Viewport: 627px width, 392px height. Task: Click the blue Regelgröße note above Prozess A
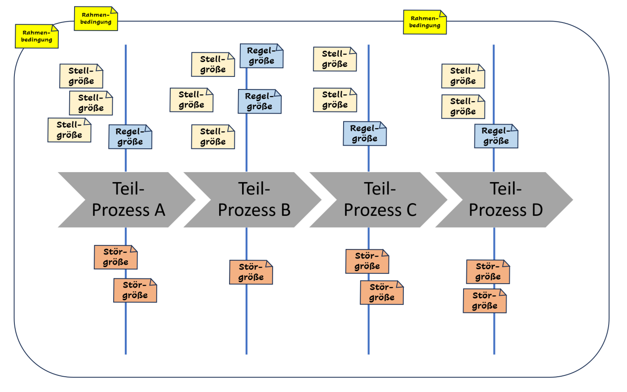pos(130,137)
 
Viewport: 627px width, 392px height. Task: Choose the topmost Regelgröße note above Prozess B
pos(261,56)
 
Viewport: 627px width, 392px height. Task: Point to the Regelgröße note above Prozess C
pos(365,134)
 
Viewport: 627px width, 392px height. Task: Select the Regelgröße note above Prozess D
pos(496,136)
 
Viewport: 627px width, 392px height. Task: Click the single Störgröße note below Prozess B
pos(251,272)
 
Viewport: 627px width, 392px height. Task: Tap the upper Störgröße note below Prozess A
pos(115,257)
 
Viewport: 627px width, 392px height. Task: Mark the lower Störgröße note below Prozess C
pos(382,292)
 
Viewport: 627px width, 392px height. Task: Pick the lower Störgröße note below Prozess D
pos(485,301)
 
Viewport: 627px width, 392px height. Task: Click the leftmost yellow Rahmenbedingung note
pos(37,36)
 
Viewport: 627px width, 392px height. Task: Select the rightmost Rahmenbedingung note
pos(425,22)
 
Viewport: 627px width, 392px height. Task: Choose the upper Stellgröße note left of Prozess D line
pos(463,76)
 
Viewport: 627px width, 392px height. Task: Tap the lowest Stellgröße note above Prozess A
pos(69,130)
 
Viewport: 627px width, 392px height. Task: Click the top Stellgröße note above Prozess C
pos(335,59)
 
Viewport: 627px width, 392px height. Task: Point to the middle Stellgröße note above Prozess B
pos(191,100)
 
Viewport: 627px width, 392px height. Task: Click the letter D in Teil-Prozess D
pos(537,210)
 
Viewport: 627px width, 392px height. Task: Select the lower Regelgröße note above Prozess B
pos(260,101)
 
